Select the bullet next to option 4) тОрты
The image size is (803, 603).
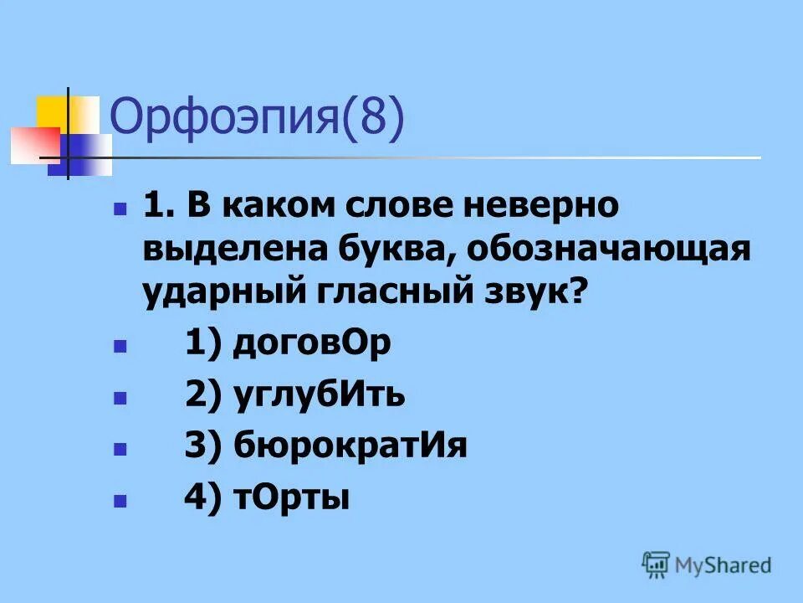(x=120, y=501)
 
